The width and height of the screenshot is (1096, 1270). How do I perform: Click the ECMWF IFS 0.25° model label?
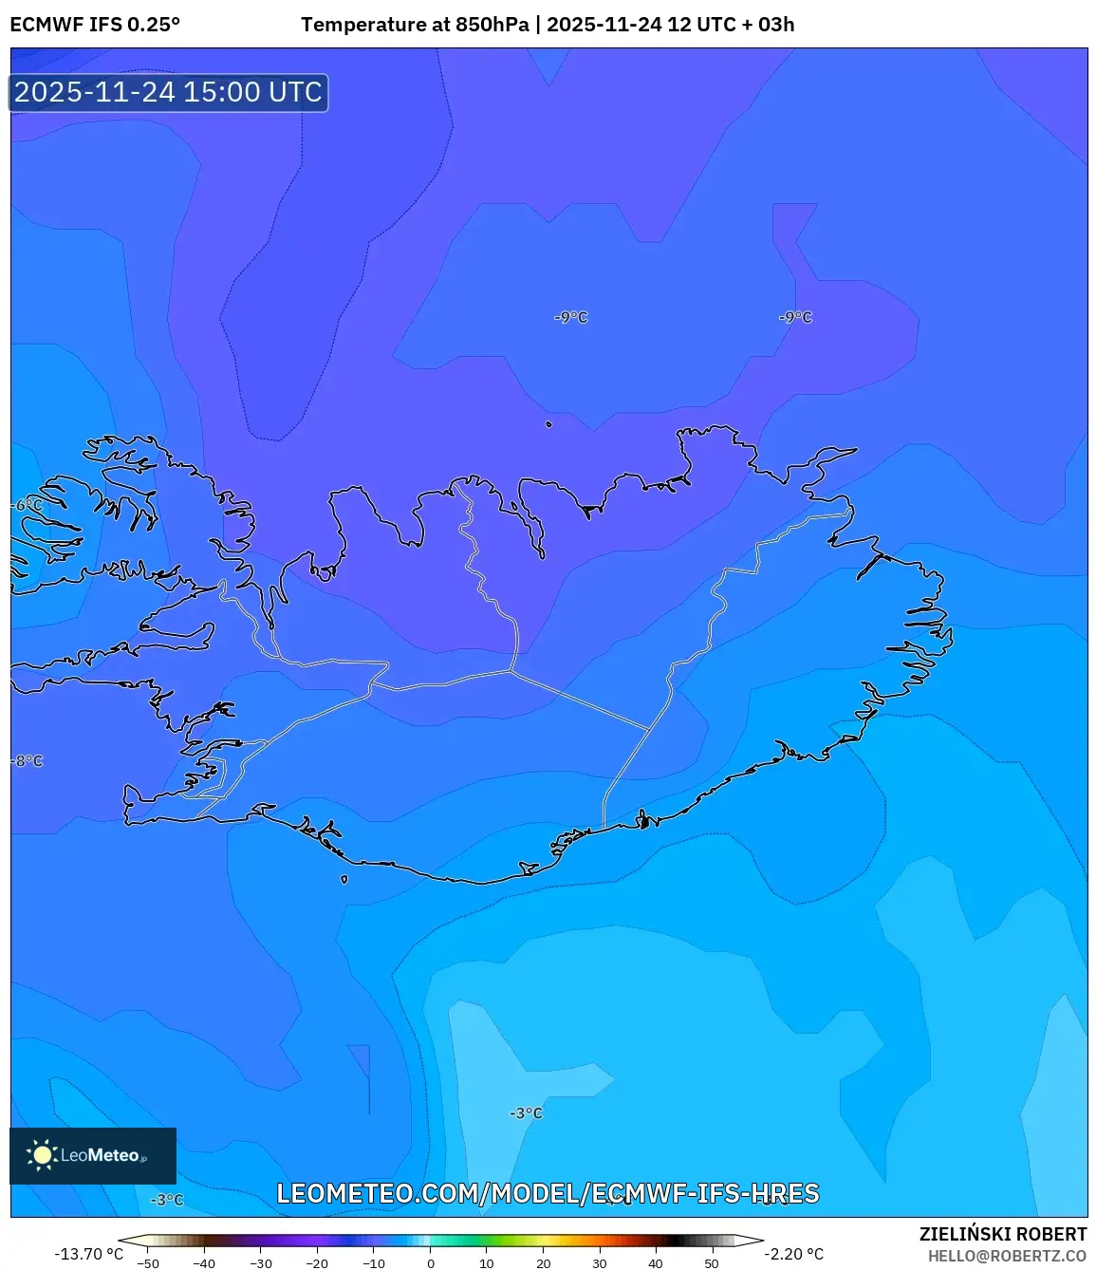point(95,25)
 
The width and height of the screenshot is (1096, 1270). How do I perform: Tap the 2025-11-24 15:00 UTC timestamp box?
point(169,92)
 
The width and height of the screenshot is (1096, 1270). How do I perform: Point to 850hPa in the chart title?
point(492,25)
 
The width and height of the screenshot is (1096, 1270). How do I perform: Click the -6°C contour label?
point(28,505)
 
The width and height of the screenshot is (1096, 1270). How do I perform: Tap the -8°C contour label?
point(28,761)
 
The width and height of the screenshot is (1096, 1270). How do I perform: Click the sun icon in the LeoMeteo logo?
point(42,1155)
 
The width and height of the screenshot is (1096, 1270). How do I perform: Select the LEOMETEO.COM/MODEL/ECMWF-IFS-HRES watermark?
point(548,1193)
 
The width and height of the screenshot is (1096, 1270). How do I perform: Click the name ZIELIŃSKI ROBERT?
point(1002,1234)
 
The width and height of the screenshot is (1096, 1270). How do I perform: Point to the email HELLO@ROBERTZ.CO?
point(1007,1256)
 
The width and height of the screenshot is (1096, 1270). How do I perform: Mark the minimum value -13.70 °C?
point(88,1254)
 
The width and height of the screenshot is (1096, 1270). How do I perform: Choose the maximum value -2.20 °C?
point(794,1254)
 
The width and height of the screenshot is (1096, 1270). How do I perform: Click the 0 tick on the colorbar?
point(430,1263)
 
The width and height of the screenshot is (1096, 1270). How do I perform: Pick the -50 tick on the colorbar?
point(148,1263)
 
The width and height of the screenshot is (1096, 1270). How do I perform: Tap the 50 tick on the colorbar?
point(712,1263)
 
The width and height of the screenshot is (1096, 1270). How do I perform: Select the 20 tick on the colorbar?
point(543,1263)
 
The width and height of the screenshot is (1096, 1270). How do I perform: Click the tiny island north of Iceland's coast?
point(548,424)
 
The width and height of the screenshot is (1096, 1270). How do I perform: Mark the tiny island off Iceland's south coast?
point(344,879)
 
